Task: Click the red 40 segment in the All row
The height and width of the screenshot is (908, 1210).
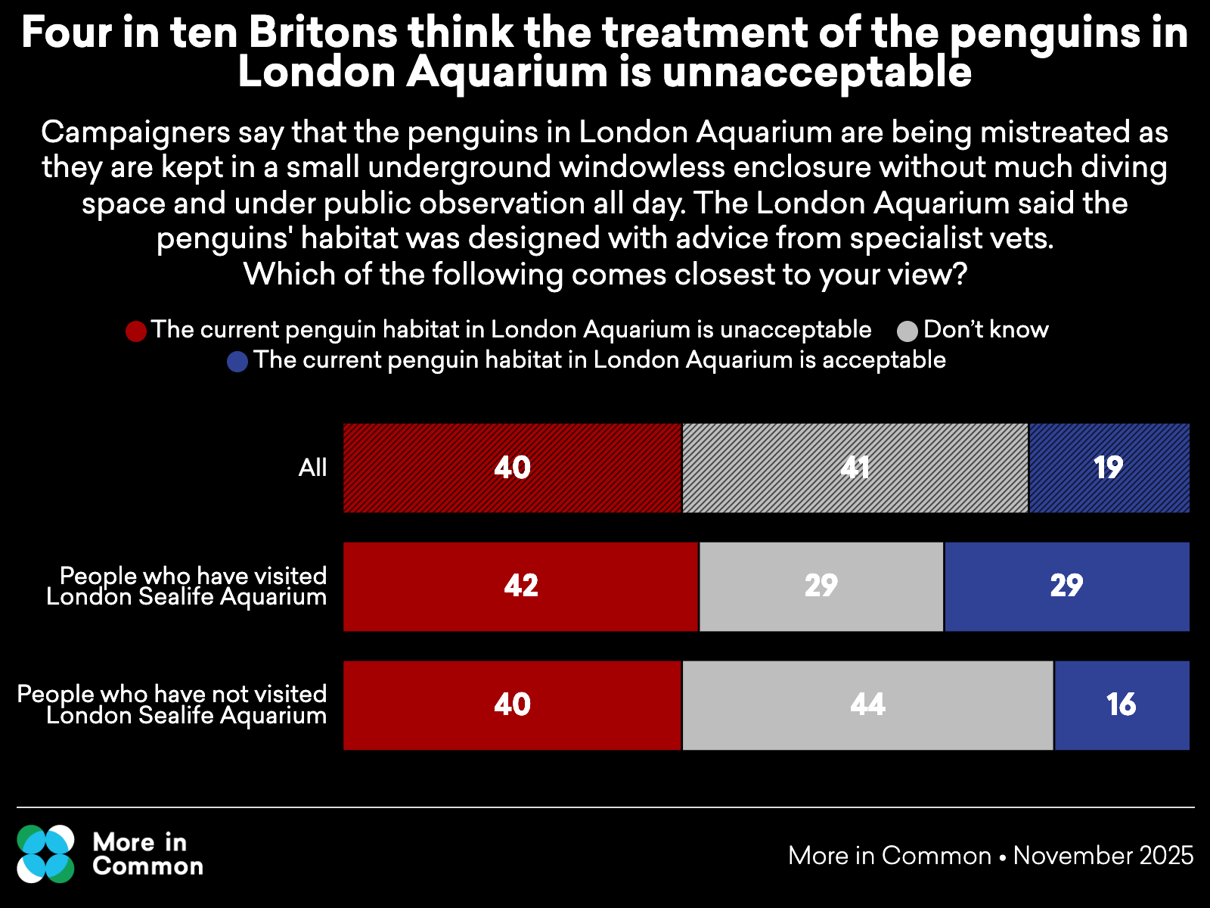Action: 512,468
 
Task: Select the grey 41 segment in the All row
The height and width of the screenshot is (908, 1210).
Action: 855,468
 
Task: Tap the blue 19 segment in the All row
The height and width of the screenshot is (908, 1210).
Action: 1109,468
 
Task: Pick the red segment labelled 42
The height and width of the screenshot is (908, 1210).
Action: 520,586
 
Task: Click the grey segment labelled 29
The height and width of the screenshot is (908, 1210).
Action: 821,586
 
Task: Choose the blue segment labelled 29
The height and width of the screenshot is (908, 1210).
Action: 1066,586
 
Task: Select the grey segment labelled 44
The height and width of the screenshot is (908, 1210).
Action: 867,705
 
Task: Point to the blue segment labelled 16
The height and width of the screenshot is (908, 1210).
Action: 1122,705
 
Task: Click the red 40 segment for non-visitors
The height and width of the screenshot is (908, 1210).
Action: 512,705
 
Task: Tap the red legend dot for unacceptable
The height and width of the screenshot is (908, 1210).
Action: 136,331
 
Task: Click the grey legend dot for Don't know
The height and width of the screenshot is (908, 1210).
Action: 907,331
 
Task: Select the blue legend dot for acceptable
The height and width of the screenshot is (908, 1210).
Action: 237,362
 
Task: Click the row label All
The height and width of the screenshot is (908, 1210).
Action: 312,468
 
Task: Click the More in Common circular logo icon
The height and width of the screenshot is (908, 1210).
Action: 46,854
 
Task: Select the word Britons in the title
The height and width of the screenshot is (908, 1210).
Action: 323,33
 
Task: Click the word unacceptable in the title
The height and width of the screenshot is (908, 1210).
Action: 817,73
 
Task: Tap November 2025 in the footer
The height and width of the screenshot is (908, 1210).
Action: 1103,855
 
